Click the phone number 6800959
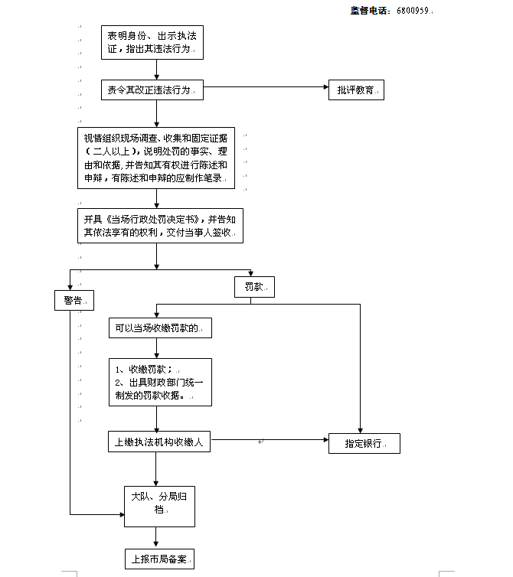click(413, 11)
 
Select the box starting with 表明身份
click(155, 43)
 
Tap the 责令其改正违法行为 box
click(155, 90)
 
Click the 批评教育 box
click(356, 90)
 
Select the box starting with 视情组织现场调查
click(155, 158)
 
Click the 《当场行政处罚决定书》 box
click(159, 225)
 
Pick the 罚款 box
click(254, 287)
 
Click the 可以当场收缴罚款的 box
click(159, 328)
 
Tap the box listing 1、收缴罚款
click(159, 382)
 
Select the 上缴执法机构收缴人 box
click(159, 442)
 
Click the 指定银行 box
click(364, 443)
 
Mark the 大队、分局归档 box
click(159, 504)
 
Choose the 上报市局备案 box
click(159, 559)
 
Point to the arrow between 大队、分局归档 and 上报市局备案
click(159, 537)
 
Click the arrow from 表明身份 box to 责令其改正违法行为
click(155, 70)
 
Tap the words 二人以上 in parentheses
click(116, 152)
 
